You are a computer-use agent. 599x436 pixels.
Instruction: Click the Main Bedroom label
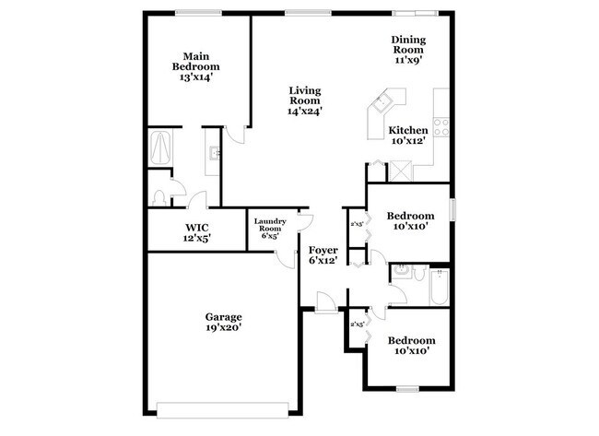195,66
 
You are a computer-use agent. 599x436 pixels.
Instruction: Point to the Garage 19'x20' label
224,322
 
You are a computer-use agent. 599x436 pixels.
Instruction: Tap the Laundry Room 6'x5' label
270,227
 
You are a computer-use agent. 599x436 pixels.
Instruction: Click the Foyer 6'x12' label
323,255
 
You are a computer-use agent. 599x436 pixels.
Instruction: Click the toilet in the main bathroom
160,195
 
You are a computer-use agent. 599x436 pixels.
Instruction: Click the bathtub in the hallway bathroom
440,287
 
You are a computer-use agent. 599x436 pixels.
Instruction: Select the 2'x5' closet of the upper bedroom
356,222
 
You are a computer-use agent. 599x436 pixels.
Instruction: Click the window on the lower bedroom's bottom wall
407,389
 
